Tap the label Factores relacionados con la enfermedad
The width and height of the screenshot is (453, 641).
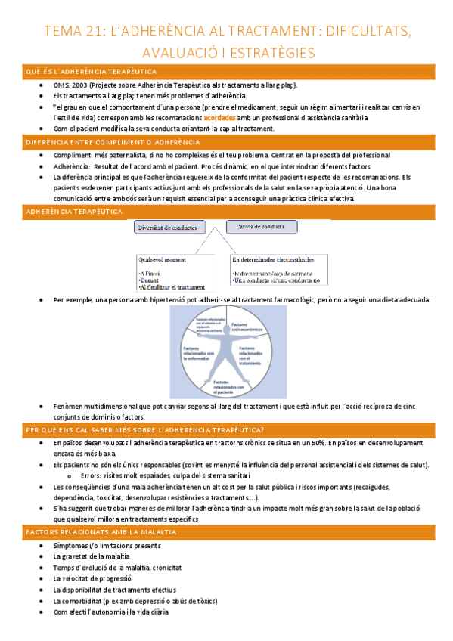tap(198, 353)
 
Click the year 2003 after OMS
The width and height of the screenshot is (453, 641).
tap(77, 86)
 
